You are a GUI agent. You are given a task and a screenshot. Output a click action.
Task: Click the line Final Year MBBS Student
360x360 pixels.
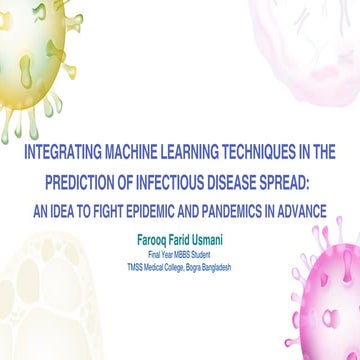[180, 256]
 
